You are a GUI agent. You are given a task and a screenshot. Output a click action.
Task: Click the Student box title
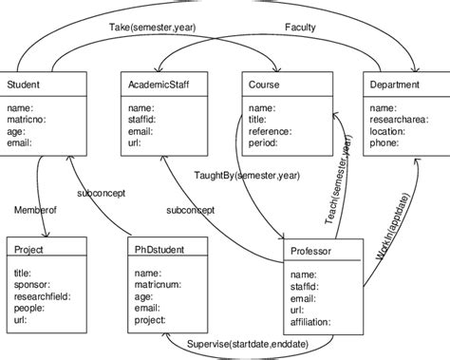[x=23, y=85]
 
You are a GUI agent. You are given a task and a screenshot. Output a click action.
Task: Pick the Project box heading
[x=29, y=249]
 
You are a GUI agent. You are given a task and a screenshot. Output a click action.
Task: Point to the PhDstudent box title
[x=159, y=249]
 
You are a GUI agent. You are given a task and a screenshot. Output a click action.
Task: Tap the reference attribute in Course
[x=270, y=131]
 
